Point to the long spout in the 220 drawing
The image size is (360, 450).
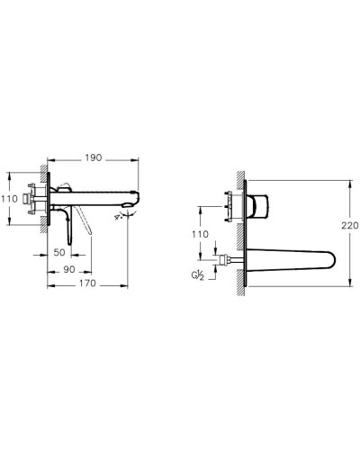click(x=288, y=261)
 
